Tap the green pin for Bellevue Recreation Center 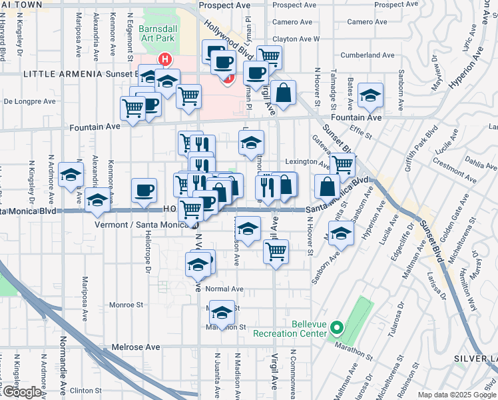click(x=337, y=328)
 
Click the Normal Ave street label click(x=224, y=289)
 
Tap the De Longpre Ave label click(x=29, y=102)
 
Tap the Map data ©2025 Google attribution click(x=456, y=395)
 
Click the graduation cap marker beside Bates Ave click(x=370, y=95)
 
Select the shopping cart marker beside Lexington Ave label click(x=342, y=164)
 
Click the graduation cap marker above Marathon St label click(x=222, y=311)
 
